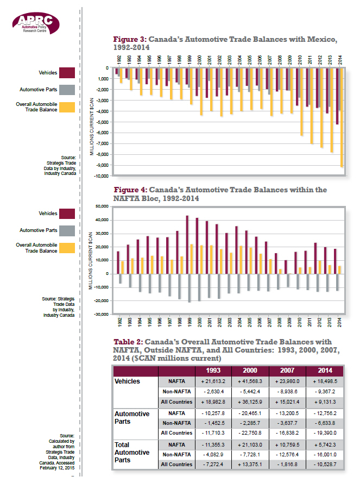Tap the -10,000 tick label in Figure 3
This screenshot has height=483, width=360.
(x=102, y=176)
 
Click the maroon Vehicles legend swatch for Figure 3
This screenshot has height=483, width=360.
(x=67, y=73)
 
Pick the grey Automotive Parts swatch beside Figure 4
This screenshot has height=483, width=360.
(x=67, y=230)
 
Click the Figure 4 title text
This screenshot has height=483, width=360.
(x=220, y=194)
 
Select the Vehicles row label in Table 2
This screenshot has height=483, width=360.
(x=127, y=381)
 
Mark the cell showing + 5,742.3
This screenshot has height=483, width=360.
(x=327, y=444)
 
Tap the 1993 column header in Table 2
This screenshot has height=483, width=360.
(x=213, y=371)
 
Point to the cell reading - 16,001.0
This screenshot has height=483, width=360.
(x=327, y=454)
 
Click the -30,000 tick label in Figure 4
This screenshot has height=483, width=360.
(x=102, y=314)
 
